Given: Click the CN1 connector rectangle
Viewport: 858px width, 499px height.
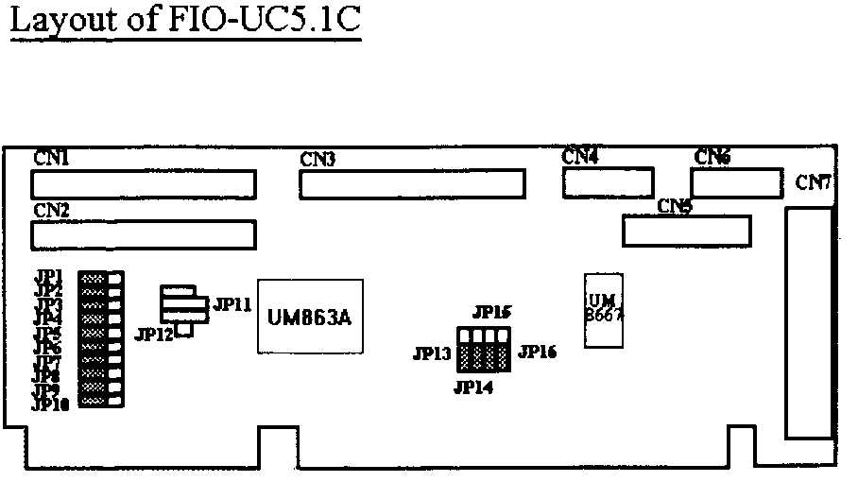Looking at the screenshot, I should [144, 183].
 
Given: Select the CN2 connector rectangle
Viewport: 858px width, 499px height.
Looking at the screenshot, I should [144, 234].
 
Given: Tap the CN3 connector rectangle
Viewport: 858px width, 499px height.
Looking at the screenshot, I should [413, 184].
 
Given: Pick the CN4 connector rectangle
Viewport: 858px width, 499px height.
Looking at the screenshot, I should [609, 183].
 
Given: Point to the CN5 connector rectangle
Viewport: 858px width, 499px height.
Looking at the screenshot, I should [686, 231].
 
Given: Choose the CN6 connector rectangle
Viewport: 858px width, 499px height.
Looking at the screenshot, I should [737, 182].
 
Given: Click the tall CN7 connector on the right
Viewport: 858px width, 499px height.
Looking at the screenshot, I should [808, 323].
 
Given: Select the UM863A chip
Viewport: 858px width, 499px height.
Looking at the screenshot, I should [311, 317].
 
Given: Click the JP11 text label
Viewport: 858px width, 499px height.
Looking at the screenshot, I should [232, 304].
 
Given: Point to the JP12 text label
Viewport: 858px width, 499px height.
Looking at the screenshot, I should [154, 334].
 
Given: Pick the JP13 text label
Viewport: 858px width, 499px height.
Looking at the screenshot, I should [432, 354].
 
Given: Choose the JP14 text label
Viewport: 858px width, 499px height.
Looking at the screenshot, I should [472, 387].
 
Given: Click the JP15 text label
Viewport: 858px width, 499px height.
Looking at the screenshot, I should [491, 312].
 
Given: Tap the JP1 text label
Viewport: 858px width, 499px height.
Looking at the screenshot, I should [48, 276].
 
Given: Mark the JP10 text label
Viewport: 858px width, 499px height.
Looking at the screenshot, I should [51, 404].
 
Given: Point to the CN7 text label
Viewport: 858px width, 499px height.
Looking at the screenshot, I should [813, 182].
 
